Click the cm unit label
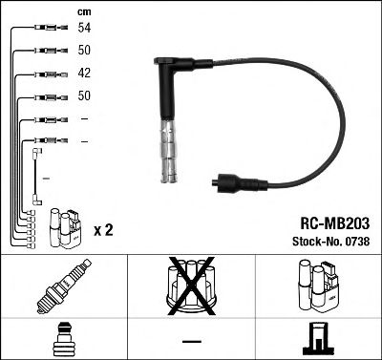pos(83,12)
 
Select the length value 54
pos(84,29)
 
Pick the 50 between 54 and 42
pos(84,51)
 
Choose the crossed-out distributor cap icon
pos(190,287)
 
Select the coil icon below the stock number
pos(317,287)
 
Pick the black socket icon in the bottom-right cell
pos(317,337)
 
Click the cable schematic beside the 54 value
pos(47,29)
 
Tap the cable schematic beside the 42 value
pos(47,74)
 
